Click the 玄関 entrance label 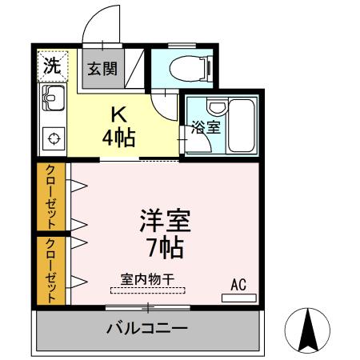click(x=102, y=69)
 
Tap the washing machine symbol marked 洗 click(x=53, y=66)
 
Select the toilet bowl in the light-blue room click(x=190, y=69)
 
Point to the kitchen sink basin click(x=54, y=98)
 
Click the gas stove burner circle click(x=54, y=138)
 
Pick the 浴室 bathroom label click(x=206, y=127)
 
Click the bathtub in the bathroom click(x=241, y=126)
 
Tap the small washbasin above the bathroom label click(x=218, y=106)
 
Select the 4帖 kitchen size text click(x=119, y=138)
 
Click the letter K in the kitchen click(x=118, y=115)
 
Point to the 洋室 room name click(x=166, y=221)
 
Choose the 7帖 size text click(x=166, y=248)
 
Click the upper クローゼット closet click(x=51, y=197)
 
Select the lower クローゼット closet click(x=51, y=270)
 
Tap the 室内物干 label click(x=147, y=279)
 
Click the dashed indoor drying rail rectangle click(x=148, y=290)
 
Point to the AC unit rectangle click(x=239, y=298)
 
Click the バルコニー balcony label click(x=147, y=328)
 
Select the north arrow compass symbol click(x=307, y=330)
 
